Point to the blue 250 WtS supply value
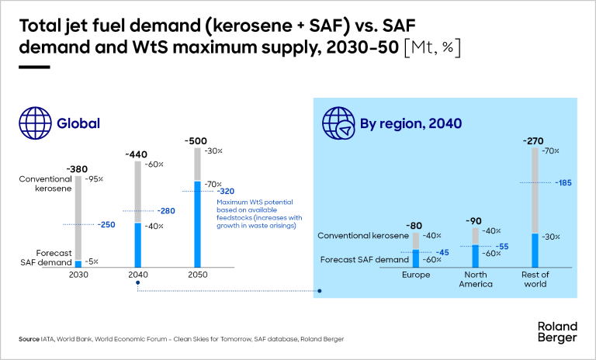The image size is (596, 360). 106,224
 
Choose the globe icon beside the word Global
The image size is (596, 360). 34,123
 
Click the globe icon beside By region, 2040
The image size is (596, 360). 338,123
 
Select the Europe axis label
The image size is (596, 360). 415,275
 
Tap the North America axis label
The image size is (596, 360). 476,279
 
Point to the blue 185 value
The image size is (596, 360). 564,183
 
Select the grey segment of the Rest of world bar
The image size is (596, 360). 535,190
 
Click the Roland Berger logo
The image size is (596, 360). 557,332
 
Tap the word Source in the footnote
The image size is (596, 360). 29,339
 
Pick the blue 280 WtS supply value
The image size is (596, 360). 166,210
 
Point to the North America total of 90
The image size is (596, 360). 476,220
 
